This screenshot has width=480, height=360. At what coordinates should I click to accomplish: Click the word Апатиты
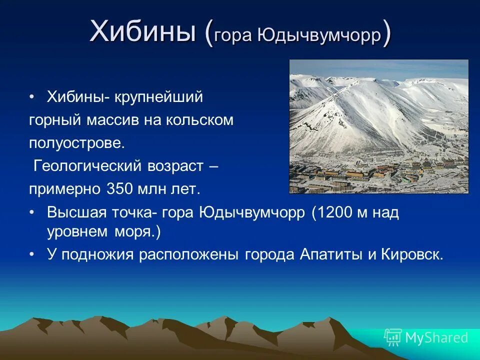tap(331, 254)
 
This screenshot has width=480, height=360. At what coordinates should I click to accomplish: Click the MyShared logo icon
tap(393, 337)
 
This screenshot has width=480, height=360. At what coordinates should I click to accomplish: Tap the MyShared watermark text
tap(436, 338)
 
